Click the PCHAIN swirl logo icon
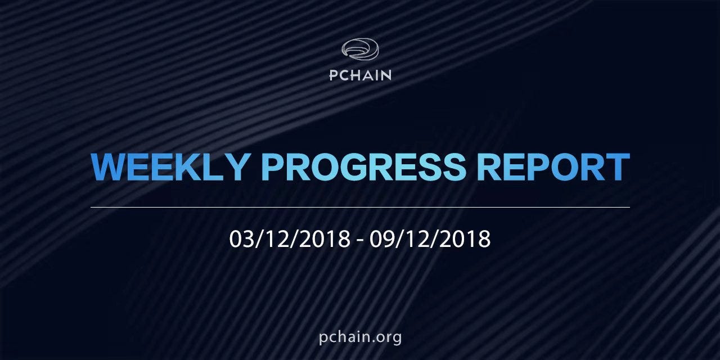(x=360, y=49)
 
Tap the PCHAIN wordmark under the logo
(x=361, y=75)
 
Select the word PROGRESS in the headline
(x=364, y=167)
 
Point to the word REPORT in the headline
(x=553, y=167)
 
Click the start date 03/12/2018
(x=290, y=239)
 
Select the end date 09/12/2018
(x=430, y=239)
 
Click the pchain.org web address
(x=361, y=337)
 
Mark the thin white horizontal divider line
(x=360, y=208)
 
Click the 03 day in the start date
(x=241, y=239)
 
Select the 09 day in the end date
(x=381, y=239)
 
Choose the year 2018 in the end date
(x=465, y=239)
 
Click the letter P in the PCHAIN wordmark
(x=333, y=75)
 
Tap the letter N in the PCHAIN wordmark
(x=386, y=75)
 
